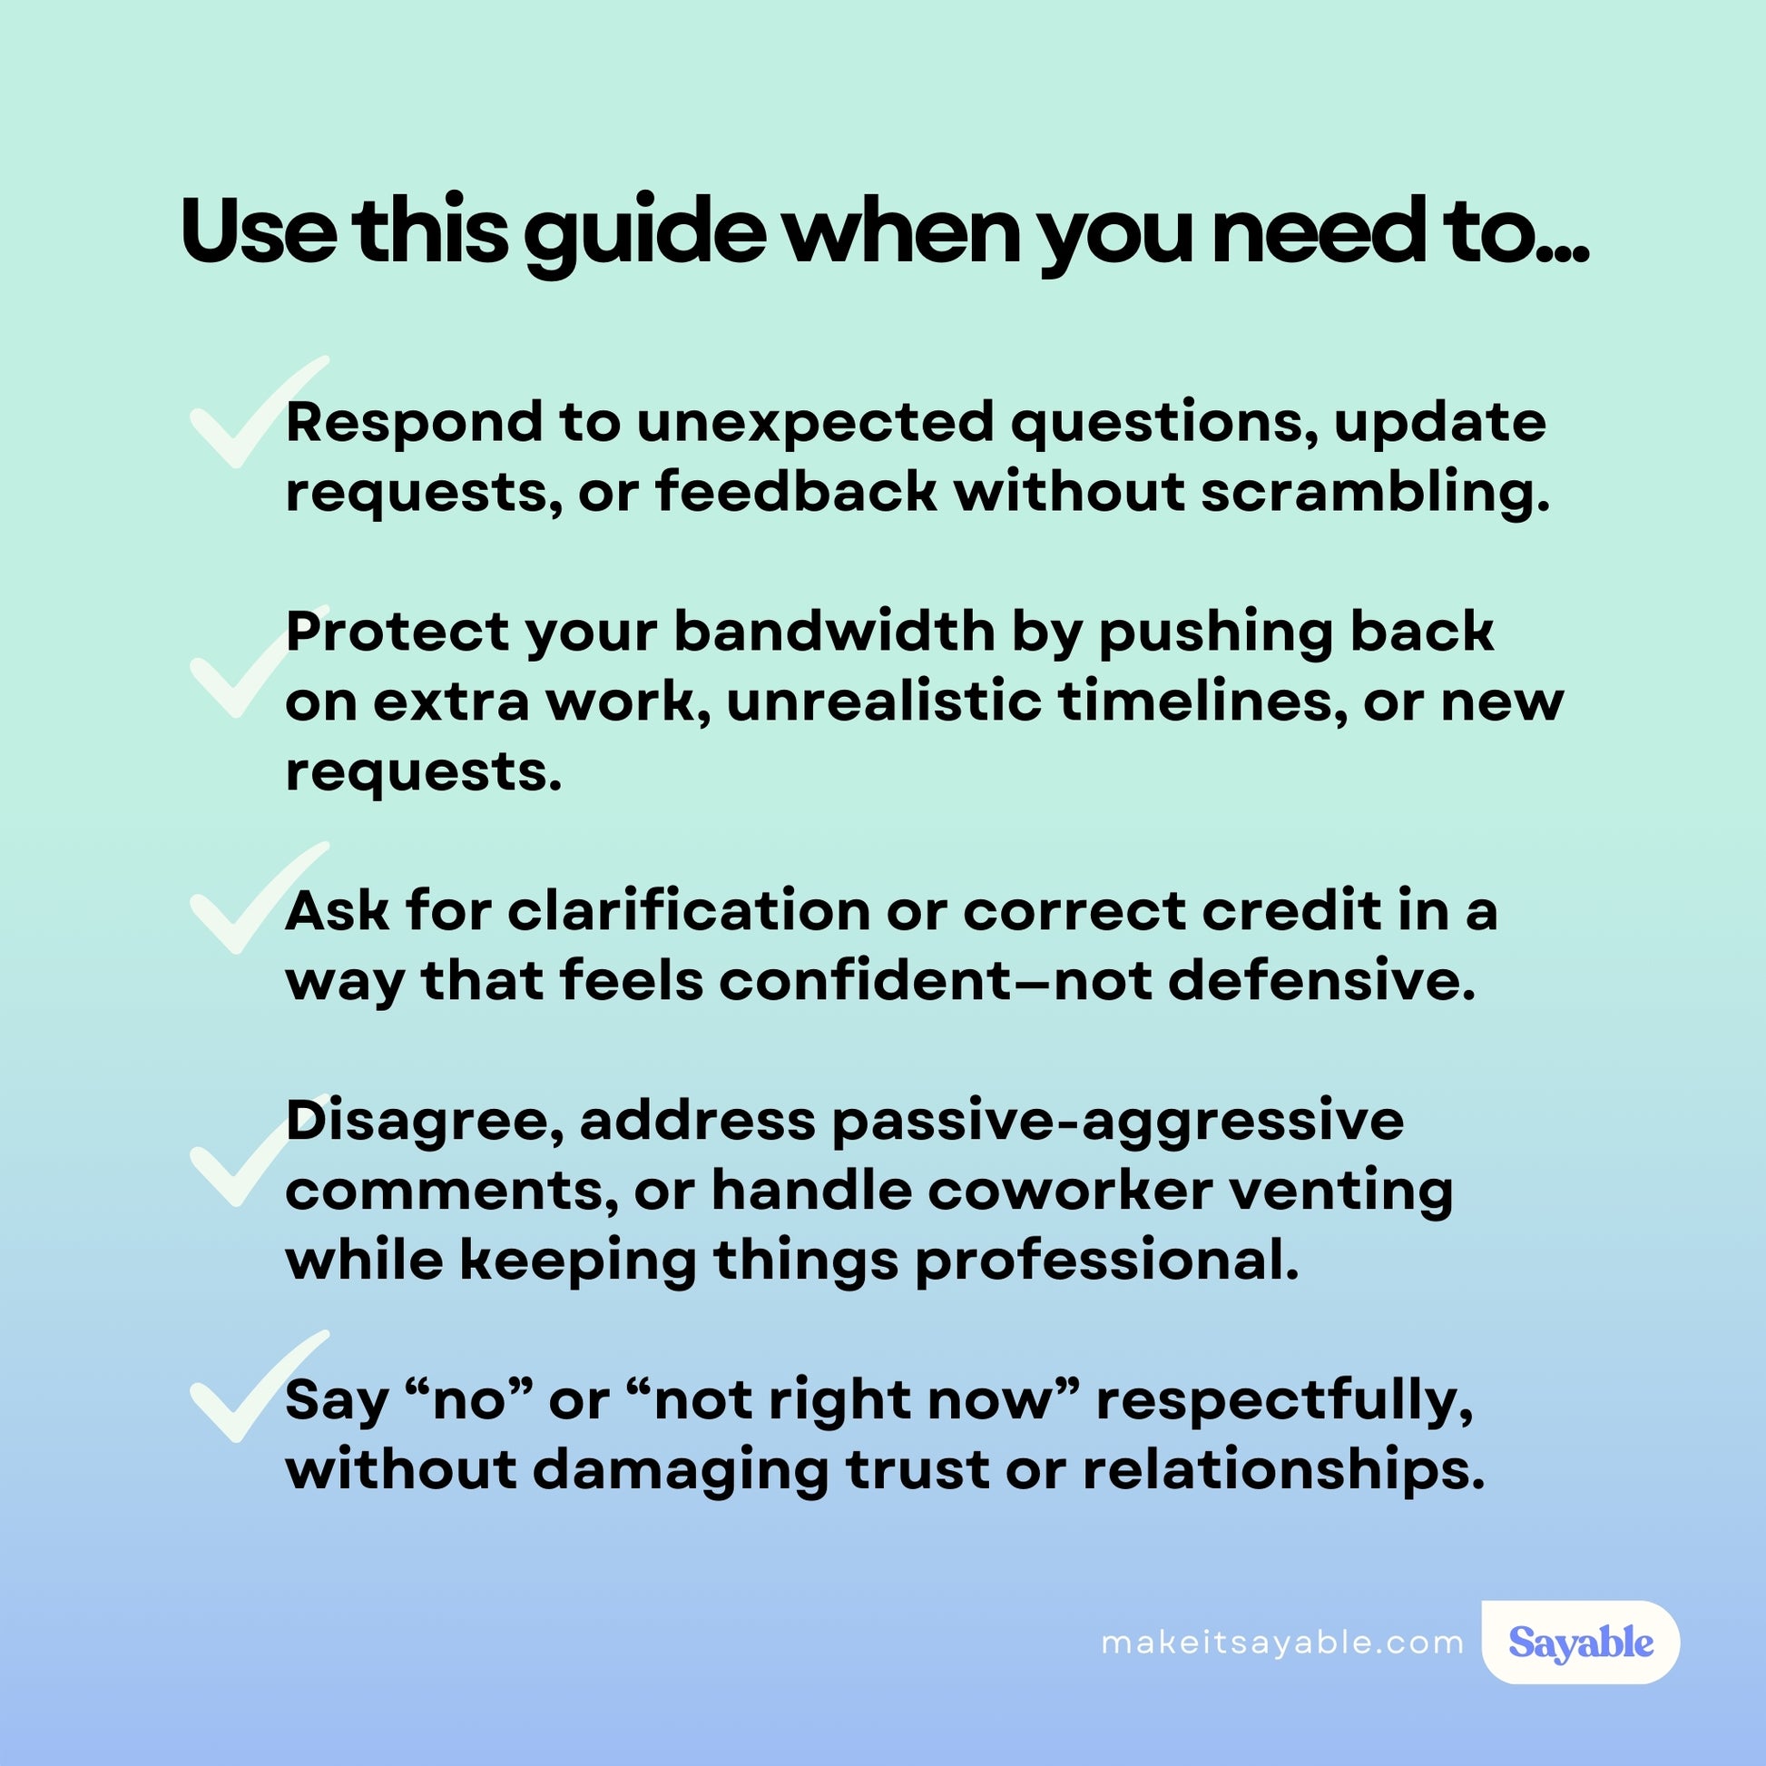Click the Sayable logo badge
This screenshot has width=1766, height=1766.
point(1581,1642)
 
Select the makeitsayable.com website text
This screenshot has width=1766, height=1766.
point(1282,1643)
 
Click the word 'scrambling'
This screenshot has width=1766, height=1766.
point(1375,495)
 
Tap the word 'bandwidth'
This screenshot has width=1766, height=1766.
point(834,633)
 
